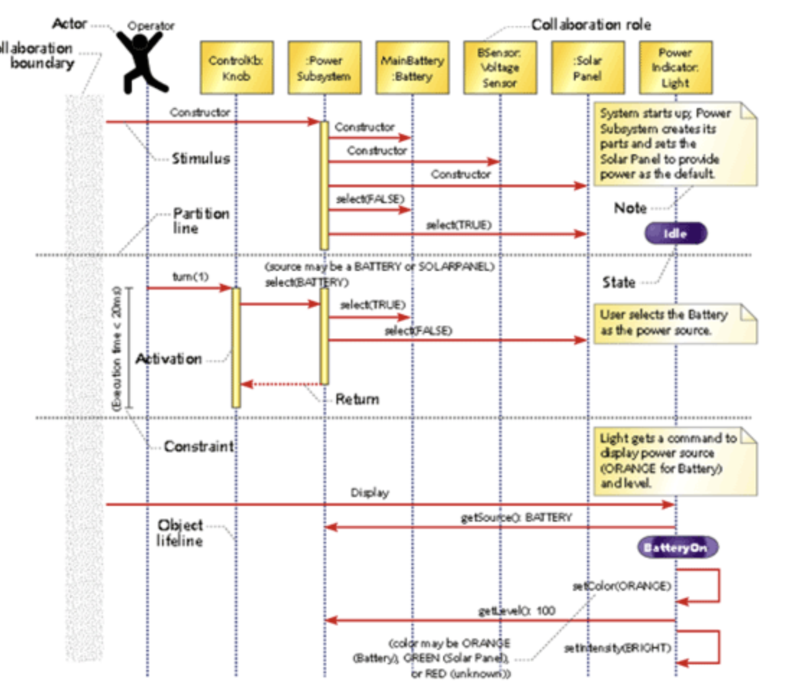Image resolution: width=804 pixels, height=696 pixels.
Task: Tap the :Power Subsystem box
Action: click(323, 68)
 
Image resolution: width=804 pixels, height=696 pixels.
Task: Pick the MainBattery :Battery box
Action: click(411, 68)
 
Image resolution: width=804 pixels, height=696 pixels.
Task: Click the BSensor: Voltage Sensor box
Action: click(499, 68)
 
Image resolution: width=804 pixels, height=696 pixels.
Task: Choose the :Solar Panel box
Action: click(587, 68)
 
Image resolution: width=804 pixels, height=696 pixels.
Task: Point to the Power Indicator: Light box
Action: click(675, 68)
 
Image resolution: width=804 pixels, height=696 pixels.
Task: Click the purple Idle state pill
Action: click(676, 233)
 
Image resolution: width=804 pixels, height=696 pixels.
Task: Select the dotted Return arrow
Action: click(282, 384)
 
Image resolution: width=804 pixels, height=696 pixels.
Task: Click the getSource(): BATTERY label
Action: click(516, 517)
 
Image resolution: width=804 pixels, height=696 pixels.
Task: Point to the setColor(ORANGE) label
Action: click(622, 586)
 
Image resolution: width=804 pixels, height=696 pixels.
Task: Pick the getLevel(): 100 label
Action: click(517, 611)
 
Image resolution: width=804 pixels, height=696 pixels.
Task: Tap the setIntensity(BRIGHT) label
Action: click(619, 648)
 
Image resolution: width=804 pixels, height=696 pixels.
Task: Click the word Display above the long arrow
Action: click(370, 494)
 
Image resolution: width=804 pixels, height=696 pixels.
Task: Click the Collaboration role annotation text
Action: click(591, 25)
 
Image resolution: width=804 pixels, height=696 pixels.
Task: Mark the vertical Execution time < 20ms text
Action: click(117, 349)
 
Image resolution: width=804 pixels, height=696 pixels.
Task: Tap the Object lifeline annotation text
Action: click(180, 532)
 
